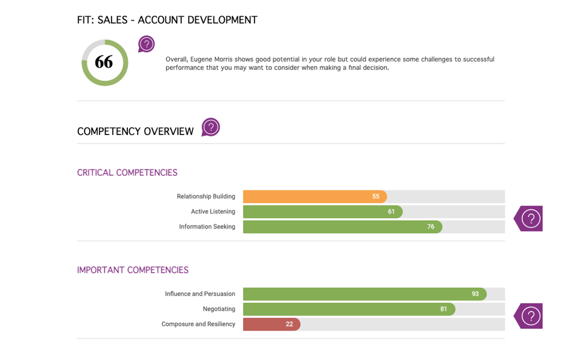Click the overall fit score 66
coord(104,62)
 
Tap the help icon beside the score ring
coord(147,44)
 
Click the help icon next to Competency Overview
coord(210,127)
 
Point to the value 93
coord(475,294)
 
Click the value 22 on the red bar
coord(289,324)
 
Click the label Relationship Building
coord(206,197)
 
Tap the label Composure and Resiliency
coord(198,324)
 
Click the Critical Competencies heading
coord(127,173)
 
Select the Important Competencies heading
coord(133,270)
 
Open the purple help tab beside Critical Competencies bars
coord(530,218)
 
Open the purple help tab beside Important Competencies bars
coord(530,316)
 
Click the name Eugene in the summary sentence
coord(201,60)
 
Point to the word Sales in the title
coord(112,21)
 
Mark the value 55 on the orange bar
coord(376,197)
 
